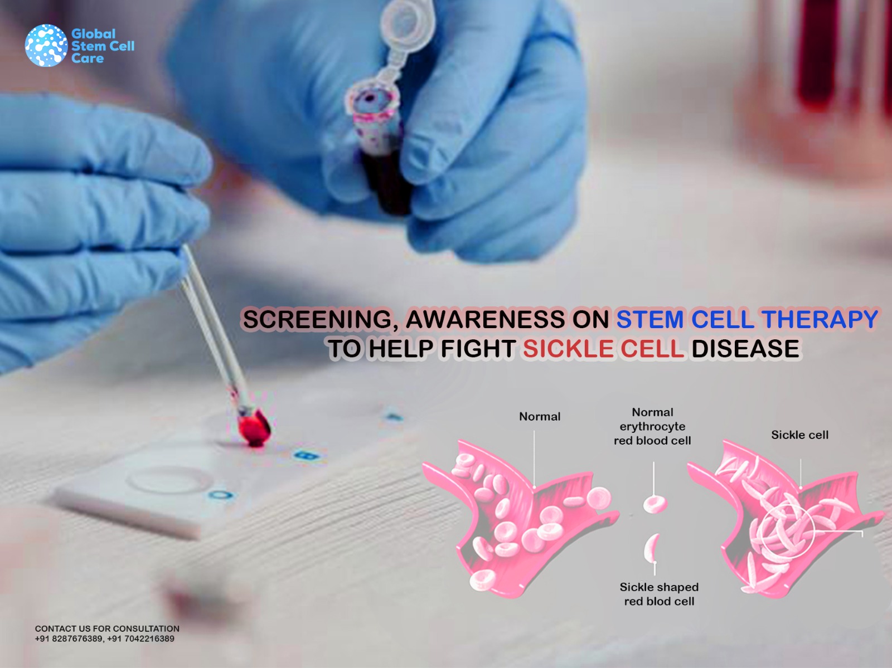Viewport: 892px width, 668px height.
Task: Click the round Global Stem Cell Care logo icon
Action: (46, 45)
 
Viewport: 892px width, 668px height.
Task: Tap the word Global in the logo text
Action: (94, 33)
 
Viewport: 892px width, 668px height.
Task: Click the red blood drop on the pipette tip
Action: (254, 428)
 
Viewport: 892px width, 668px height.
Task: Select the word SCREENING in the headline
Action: (317, 319)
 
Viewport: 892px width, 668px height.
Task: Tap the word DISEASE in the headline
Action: (745, 349)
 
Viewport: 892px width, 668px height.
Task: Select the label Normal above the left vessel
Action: (540, 417)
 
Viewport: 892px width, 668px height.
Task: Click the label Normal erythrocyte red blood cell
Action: (652, 426)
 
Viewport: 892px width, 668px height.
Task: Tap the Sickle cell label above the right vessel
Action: (799, 435)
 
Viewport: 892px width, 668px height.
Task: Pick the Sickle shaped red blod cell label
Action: (659, 594)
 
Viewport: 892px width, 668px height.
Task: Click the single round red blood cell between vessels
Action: (655, 504)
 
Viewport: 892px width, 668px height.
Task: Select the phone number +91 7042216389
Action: (140, 639)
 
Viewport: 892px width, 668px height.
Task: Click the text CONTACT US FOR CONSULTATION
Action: (107, 628)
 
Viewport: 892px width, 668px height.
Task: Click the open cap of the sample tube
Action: (407, 20)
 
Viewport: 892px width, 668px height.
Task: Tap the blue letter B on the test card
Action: (307, 456)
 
